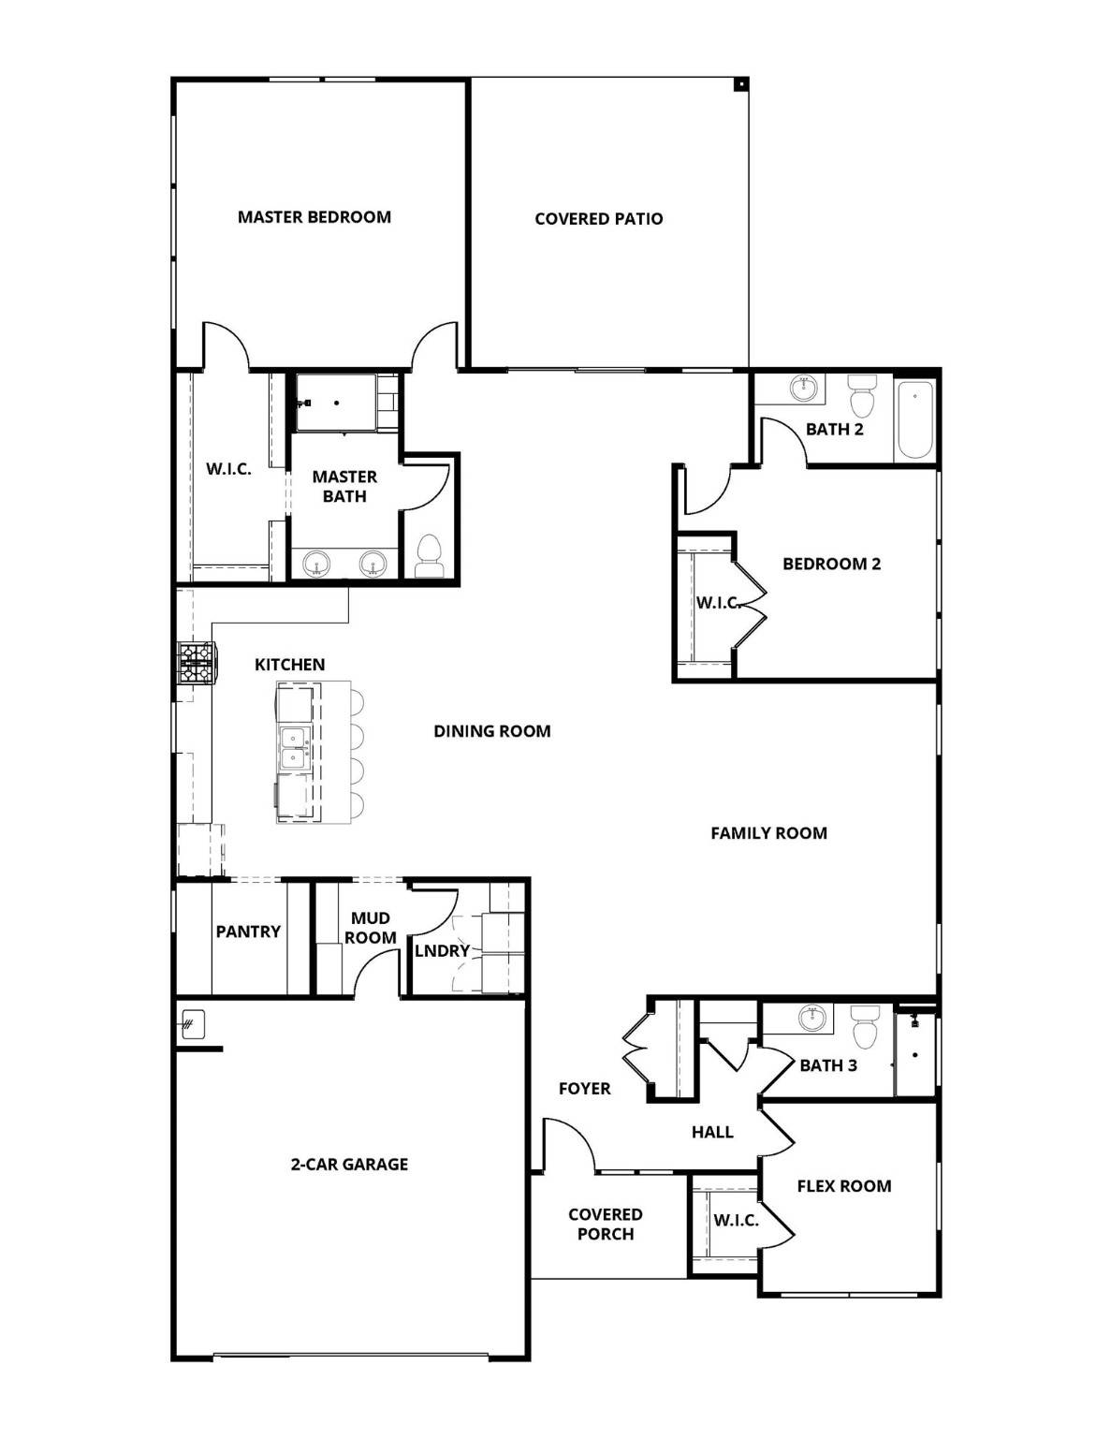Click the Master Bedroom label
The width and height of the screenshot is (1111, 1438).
click(x=314, y=217)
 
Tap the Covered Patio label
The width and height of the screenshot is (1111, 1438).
click(x=598, y=219)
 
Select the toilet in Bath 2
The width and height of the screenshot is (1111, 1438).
click(x=861, y=398)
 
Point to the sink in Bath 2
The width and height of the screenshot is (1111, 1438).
click(x=804, y=388)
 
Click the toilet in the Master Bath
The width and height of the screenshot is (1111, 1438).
click(x=429, y=554)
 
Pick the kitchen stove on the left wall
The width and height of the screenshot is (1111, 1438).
click(x=197, y=663)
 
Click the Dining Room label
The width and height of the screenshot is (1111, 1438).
click(x=491, y=731)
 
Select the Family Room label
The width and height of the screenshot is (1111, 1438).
click(x=768, y=833)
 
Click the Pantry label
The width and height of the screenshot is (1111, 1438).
click(x=248, y=932)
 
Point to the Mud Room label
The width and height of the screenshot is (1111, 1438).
click(x=370, y=928)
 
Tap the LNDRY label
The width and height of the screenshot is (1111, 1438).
click(x=442, y=951)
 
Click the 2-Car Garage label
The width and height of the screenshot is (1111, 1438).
click(x=349, y=1165)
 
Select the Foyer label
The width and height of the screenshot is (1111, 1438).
click(x=584, y=1089)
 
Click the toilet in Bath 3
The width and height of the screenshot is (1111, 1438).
click(x=864, y=1028)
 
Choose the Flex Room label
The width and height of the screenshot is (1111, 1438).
click(x=843, y=1186)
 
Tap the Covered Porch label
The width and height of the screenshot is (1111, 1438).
click(x=605, y=1225)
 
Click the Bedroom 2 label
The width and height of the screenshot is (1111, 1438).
click(x=831, y=564)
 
